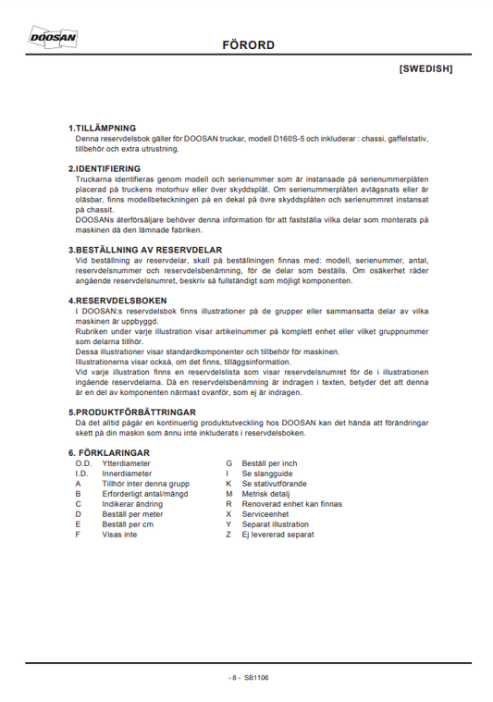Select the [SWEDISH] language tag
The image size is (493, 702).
[x=425, y=69]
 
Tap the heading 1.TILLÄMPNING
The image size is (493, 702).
[x=103, y=128]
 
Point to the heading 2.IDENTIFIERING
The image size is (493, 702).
[x=105, y=168]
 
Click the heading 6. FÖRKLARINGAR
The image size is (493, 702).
[x=109, y=452]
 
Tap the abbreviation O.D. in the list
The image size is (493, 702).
[x=82, y=462]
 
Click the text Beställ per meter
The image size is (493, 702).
[x=133, y=514]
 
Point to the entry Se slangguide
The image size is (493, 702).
[x=267, y=473]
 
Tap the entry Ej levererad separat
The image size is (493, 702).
[x=277, y=535]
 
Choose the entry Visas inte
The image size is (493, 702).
[x=119, y=535]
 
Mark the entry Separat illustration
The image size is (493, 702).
[x=277, y=524]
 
